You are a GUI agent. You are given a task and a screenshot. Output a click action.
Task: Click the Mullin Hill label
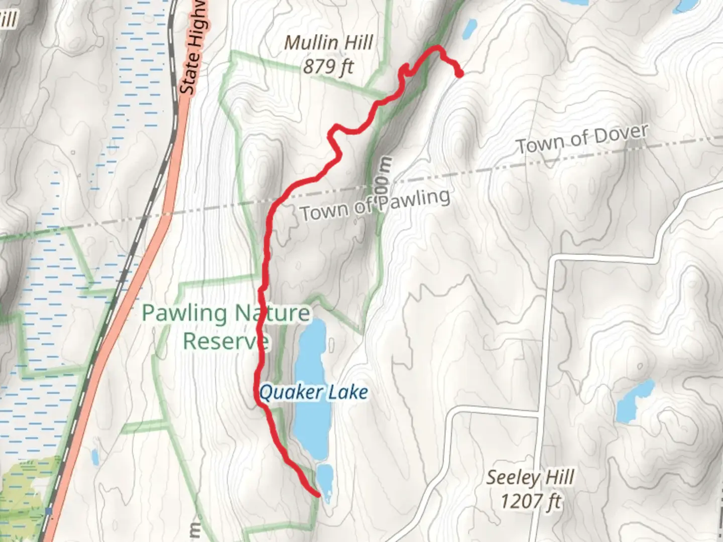pyautogui.click(x=328, y=43)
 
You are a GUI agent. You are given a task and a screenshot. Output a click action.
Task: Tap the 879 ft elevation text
pyautogui.click(x=328, y=66)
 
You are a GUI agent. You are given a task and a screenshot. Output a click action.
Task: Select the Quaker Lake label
pyautogui.click(x=314, y=392)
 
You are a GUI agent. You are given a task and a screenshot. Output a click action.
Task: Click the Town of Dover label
pyautogui.click(x=582, y=139)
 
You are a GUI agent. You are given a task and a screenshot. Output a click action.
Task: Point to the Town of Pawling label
pyautogui.click(x=375, y=205)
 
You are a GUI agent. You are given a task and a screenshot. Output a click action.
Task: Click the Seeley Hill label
pyautogui.click(x=530, y=477)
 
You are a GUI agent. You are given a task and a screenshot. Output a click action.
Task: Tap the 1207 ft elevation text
pyautogui.click(x=530, y=500)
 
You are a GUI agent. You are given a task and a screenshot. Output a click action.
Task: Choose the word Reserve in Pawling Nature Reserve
pyautogui.click(x=225, y=341)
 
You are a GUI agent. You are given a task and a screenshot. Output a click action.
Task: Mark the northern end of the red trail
pyautogui.click(x=459, y=75)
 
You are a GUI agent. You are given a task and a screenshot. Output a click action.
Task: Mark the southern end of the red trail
pyautogui.click(x=318, y=495)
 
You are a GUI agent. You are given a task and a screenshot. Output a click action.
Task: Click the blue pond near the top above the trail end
pyautogui.click(x=470, y=29)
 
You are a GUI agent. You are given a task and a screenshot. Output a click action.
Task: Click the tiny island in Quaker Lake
pyautogui.click(x=331, y=345)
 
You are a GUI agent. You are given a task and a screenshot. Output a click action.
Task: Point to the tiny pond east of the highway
pyautogui.click(x=95, y=457)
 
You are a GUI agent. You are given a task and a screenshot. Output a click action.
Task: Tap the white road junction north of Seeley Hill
pyautogui.click(x=540, y=415)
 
